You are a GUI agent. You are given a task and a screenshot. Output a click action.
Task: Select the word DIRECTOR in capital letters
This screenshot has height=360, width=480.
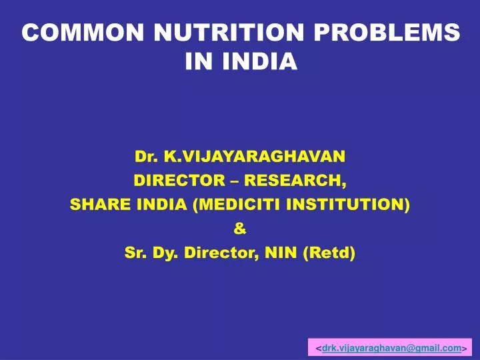[x=170, y=181]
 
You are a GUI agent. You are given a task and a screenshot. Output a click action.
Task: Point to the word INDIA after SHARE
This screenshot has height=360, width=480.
[x=162, y=205]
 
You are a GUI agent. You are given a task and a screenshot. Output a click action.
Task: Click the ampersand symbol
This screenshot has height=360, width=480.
[x=240, y=229]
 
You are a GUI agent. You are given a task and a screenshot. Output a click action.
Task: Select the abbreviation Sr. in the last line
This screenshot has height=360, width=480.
[x=135, y=253]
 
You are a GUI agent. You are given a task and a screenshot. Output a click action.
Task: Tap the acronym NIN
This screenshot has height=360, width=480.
[x=274, y=253]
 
